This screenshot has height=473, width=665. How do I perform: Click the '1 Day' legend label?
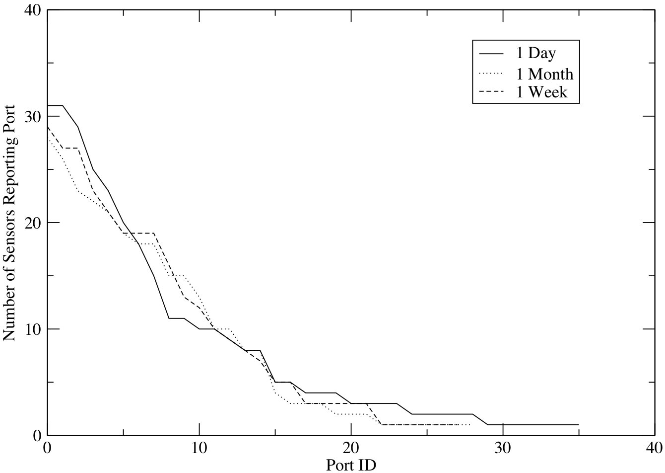534,53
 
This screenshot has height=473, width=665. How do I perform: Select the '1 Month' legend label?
544,74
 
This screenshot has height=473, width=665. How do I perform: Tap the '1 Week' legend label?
541,92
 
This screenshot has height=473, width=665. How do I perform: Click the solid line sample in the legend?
491,53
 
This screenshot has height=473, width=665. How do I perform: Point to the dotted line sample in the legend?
491,74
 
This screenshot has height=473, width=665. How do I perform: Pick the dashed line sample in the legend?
491,92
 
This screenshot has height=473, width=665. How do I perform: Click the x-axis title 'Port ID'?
350,465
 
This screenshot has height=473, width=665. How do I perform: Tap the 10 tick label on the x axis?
199,446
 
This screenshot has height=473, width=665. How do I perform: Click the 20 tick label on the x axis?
350,446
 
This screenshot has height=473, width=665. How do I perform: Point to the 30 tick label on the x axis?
503,446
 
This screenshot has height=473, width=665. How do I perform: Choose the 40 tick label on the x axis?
654,446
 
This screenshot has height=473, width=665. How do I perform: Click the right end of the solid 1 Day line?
579,425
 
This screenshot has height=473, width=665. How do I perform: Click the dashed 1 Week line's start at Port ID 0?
48,127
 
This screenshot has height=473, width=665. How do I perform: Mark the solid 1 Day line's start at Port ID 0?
48,105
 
